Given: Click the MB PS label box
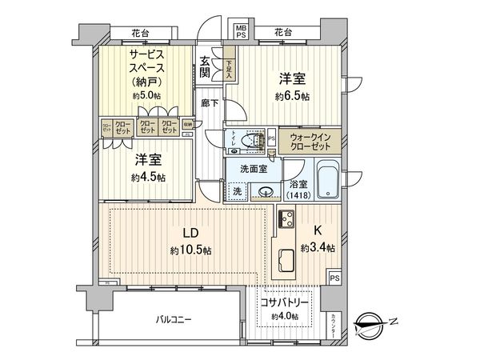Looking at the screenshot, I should (241, 32).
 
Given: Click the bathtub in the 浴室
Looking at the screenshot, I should (328, 181).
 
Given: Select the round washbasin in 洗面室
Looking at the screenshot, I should (265, 191).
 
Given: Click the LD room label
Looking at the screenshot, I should (190, 233).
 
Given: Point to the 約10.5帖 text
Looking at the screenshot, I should (190, 250).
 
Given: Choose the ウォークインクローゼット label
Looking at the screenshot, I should (308, 142).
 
